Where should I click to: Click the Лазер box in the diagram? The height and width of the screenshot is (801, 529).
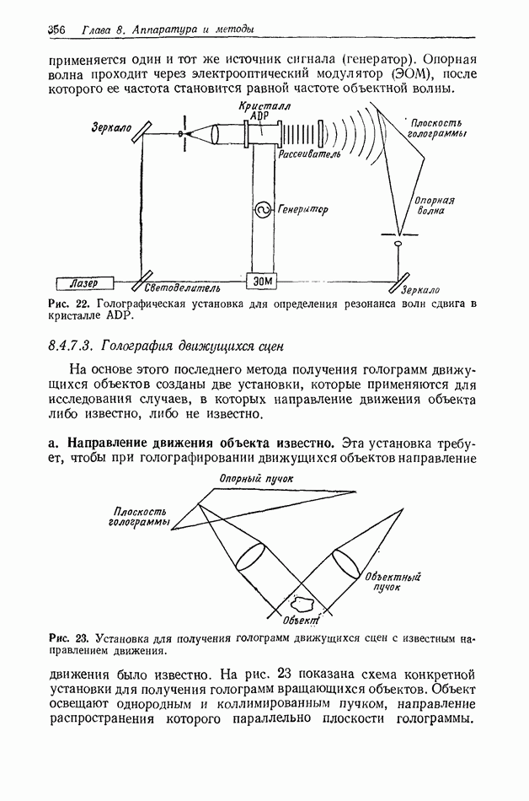(x=84, y=282)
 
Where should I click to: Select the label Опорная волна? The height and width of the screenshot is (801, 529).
(x=434, y=207)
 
